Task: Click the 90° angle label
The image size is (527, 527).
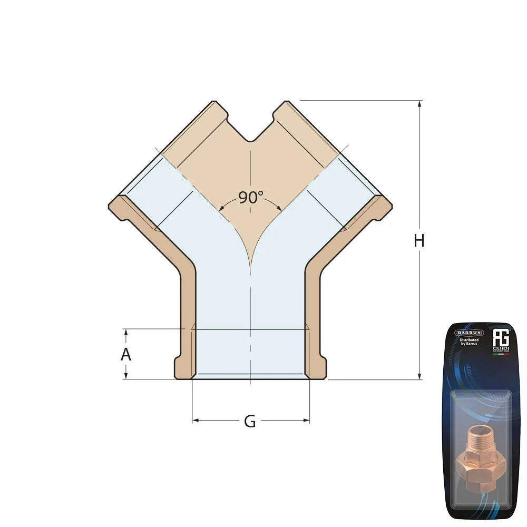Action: pyautogui.click(x=250, y=198)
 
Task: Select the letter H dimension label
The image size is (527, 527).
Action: pyautogui.click(x=419, y=241)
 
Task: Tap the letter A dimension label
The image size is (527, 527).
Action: pyautogui.click(x=125, y=355)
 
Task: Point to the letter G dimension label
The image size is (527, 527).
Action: pyautogui.click(x=250, y=422)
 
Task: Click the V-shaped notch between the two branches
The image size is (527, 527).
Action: pyautogui.click(x=251, y=138)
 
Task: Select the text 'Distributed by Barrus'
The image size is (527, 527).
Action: pyautogui.click(x=469, y=343)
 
